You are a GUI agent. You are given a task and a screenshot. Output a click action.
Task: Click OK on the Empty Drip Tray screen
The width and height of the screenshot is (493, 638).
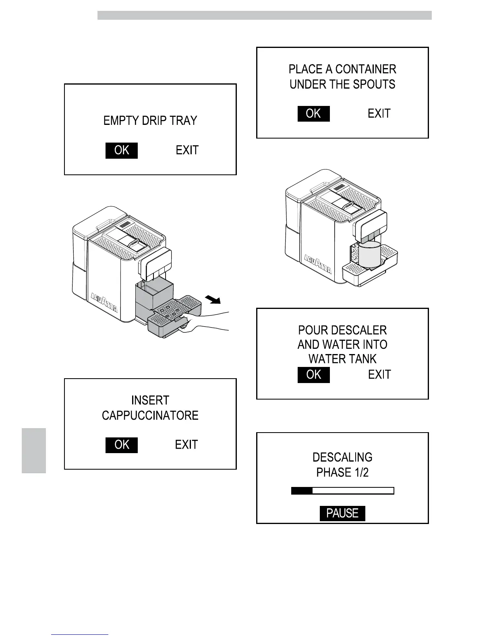(x=122, y=150)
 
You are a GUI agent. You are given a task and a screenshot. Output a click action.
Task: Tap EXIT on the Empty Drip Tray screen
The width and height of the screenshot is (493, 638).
(x=187, y=150)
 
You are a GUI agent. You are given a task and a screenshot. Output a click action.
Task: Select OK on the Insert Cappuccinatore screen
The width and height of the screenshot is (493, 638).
(x=122, y=445)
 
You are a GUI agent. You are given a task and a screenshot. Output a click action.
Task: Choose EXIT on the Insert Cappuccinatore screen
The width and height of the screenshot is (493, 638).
(x=186, y=445)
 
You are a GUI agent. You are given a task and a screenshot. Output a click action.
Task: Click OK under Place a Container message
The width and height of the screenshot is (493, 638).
(x=313, y=114)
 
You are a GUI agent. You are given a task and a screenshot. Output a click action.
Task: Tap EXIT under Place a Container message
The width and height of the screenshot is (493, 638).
(x=379, y=114)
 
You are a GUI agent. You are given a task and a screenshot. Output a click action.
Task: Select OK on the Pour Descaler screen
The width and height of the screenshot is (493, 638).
(x=313, y=375)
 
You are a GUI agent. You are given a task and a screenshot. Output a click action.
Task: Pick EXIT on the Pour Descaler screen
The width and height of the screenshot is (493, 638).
(x=379, y=375)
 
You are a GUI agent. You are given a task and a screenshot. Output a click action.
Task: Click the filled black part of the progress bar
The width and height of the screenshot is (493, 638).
(x=302, y=491)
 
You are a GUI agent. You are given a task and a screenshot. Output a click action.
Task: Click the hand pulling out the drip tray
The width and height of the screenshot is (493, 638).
(x=201, y=322)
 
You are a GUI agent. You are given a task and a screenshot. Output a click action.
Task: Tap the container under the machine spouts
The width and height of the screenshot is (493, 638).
(x=369, y=255)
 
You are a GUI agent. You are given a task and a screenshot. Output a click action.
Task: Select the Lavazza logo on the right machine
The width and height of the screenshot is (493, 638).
(x=318, y=264)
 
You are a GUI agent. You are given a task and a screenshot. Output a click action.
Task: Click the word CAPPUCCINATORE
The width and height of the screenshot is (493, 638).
(x=150, y=415)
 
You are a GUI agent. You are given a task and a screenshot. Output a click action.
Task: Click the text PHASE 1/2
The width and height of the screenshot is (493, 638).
(x=342, y=472)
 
